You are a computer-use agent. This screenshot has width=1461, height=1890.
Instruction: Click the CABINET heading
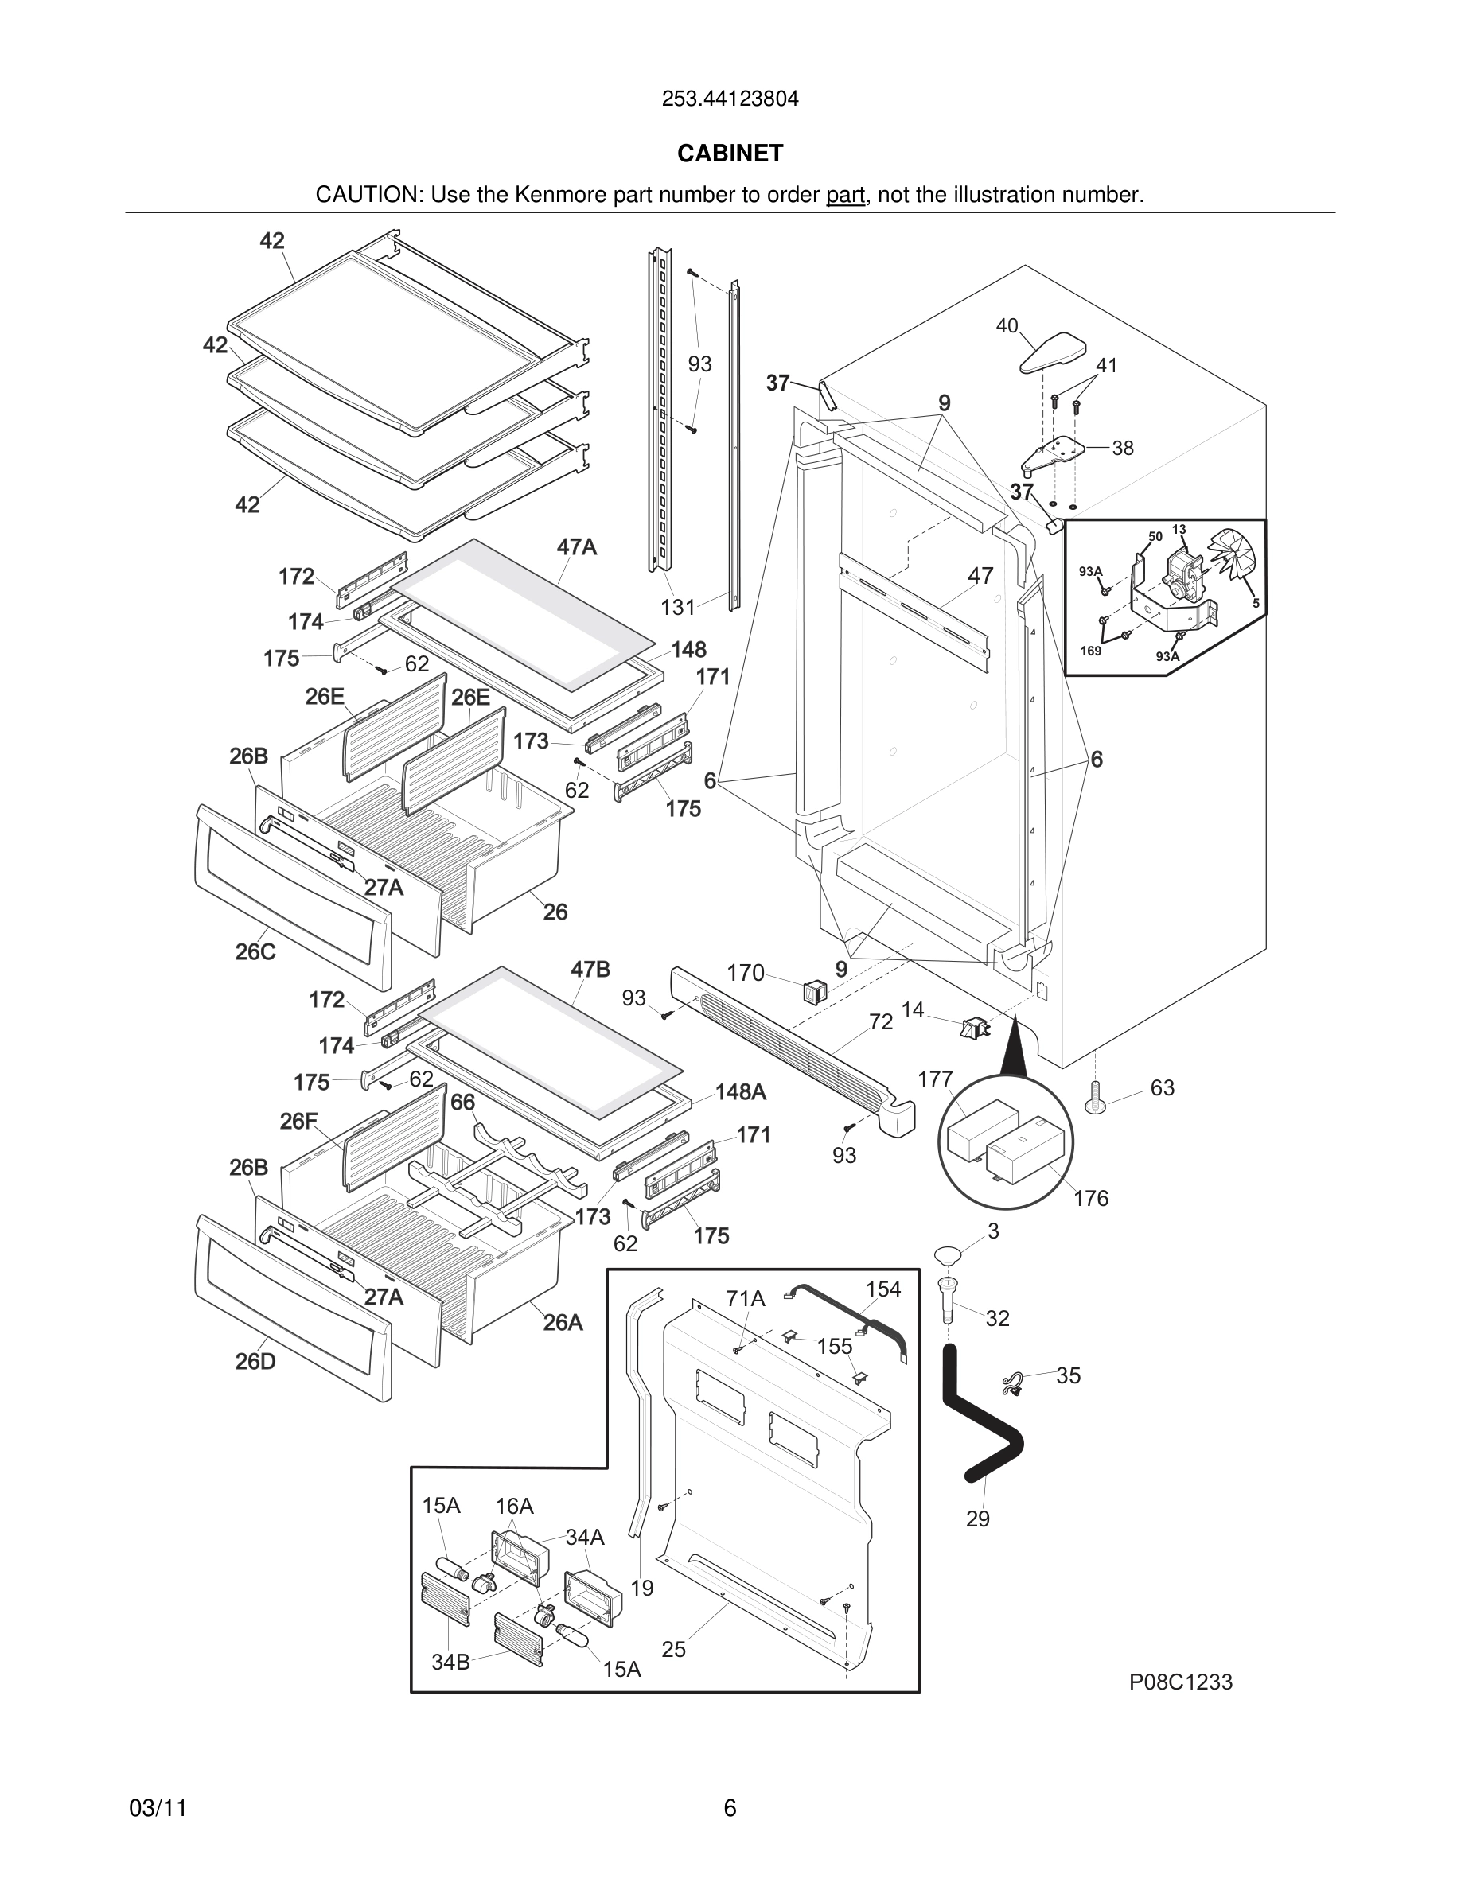click(730, 154)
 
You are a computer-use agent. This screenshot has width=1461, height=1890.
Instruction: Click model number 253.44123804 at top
click(730, 99)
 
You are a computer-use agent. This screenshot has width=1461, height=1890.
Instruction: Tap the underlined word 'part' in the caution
click(845, 195)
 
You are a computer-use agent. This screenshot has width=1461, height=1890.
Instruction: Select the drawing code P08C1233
click(1181, 1682)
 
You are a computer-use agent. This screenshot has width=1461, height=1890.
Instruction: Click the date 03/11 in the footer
click(158, 1808)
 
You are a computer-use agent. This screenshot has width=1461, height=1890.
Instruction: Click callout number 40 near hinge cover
click(1007, 326)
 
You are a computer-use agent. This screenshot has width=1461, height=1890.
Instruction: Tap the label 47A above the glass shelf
click(576, 547)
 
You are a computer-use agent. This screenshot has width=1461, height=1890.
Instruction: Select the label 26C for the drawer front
click(255, 951)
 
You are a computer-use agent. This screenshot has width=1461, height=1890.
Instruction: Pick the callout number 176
click(1090, 1198)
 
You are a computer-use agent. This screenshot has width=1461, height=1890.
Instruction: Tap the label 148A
click(740, 1092)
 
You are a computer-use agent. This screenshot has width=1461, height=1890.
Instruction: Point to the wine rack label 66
click(462, 1102)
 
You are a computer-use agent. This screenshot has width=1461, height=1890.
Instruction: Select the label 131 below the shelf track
click(678, 608)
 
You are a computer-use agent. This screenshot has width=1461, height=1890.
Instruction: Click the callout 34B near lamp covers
click(450, 1662)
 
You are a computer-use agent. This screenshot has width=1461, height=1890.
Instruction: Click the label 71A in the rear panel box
click(745, 1298)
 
